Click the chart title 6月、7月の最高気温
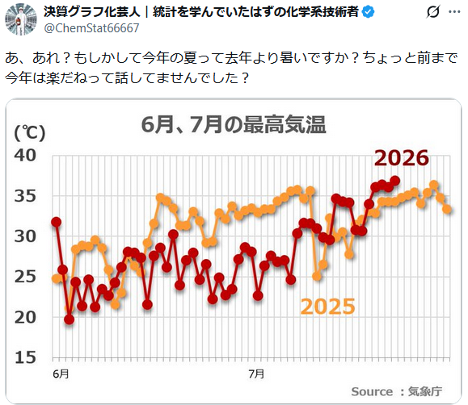234,124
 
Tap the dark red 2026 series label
402,157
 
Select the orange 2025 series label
327,307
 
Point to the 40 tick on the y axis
25,155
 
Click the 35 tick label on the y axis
25,196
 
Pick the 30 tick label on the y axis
25,236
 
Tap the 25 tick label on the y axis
25,277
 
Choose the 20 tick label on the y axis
25,317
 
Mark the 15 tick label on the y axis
25,357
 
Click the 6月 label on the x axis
61,374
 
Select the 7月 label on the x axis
256,374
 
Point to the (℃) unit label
30,132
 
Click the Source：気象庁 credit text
397,391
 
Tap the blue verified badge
368,12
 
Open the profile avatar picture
20,19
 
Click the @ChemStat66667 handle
91,28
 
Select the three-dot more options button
454,12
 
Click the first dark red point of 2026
56,222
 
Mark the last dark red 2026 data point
395,181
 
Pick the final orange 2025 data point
447,210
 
